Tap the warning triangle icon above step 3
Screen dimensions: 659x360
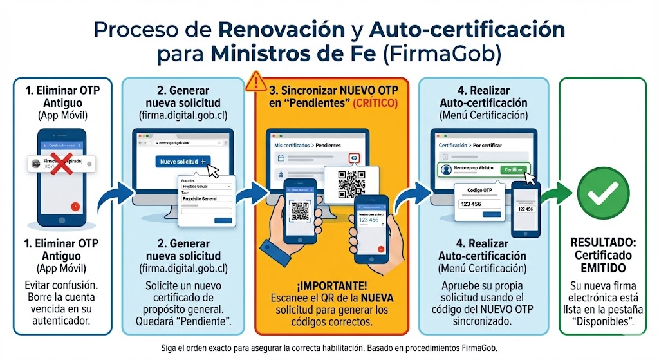click(256, 81)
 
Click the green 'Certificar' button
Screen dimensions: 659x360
click(514, 169)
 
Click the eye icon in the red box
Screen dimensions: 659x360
click(354, 157)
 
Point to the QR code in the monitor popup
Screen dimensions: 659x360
click(351, 184)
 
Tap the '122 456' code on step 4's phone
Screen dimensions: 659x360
click(525, 209)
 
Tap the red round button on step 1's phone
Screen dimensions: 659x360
click(76, 207)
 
